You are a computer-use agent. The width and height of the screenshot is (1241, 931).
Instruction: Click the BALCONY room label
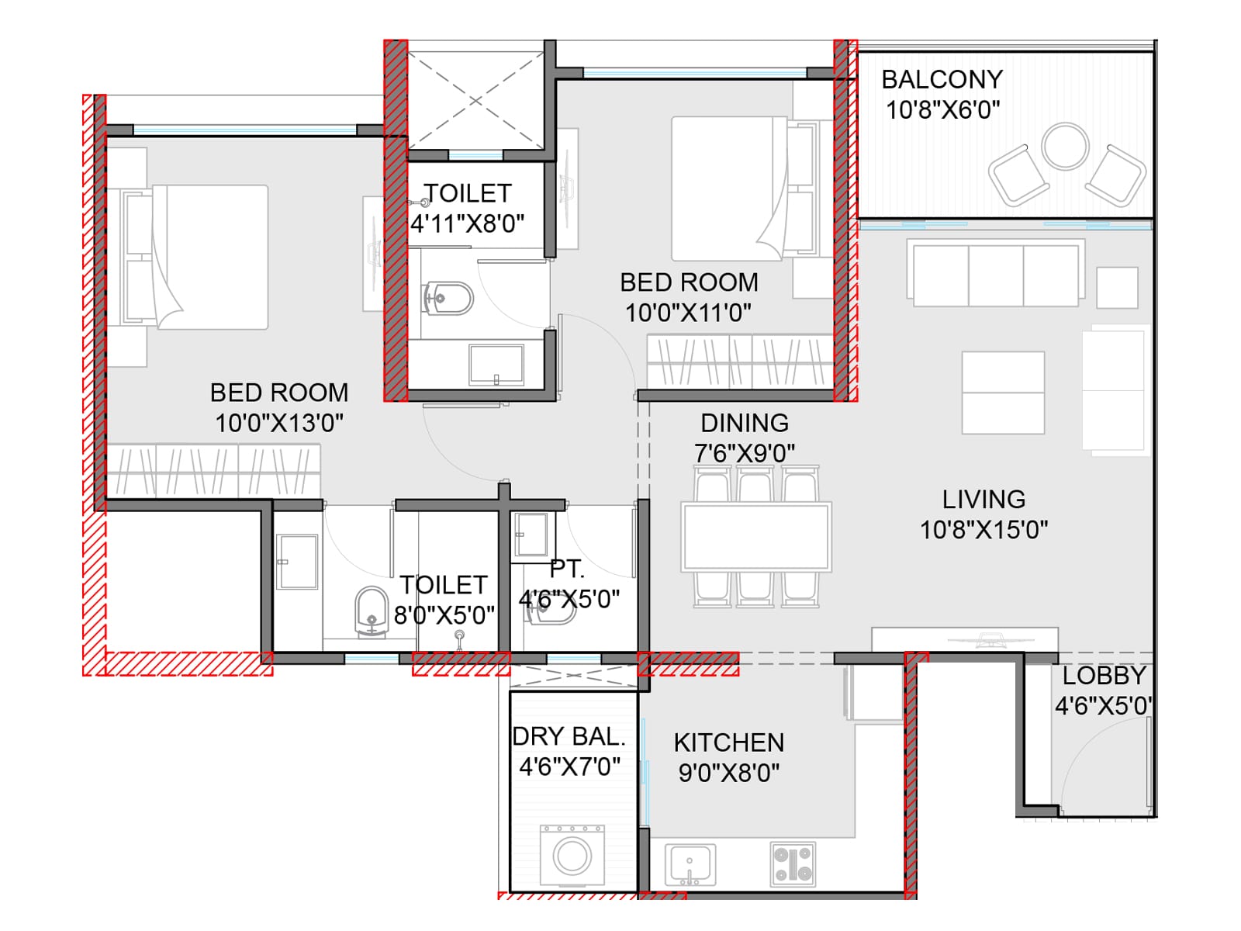coord(942,80)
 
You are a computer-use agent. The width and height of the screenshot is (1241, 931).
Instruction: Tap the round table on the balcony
coord(1065,146)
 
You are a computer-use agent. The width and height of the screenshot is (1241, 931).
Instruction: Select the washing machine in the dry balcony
coord(572,855)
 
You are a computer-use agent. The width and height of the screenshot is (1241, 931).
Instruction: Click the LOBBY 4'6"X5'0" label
coord(1103,690)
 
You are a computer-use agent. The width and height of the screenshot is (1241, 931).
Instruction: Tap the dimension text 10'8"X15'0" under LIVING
coord(983,530)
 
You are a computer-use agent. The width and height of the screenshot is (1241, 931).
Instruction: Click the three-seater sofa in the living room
coord(997,275)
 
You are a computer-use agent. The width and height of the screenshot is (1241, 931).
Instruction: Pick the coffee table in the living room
coord(1003,393)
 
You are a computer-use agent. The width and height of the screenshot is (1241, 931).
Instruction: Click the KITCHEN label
coord(728,742)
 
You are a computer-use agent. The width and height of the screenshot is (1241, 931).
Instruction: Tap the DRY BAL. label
coord(569,736)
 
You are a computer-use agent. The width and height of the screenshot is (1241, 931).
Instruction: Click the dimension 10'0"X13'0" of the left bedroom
coord(279,423)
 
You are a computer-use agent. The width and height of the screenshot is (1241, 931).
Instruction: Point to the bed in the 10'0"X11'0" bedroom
coord(729,189)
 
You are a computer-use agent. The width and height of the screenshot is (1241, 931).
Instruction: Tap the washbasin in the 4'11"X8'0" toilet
coord(496,364)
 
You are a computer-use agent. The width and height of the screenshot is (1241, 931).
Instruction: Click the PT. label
coord(566,569)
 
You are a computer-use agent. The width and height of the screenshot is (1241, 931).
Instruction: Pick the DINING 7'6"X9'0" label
coord(745,438)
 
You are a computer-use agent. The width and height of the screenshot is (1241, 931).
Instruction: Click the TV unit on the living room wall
coord(964,639)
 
